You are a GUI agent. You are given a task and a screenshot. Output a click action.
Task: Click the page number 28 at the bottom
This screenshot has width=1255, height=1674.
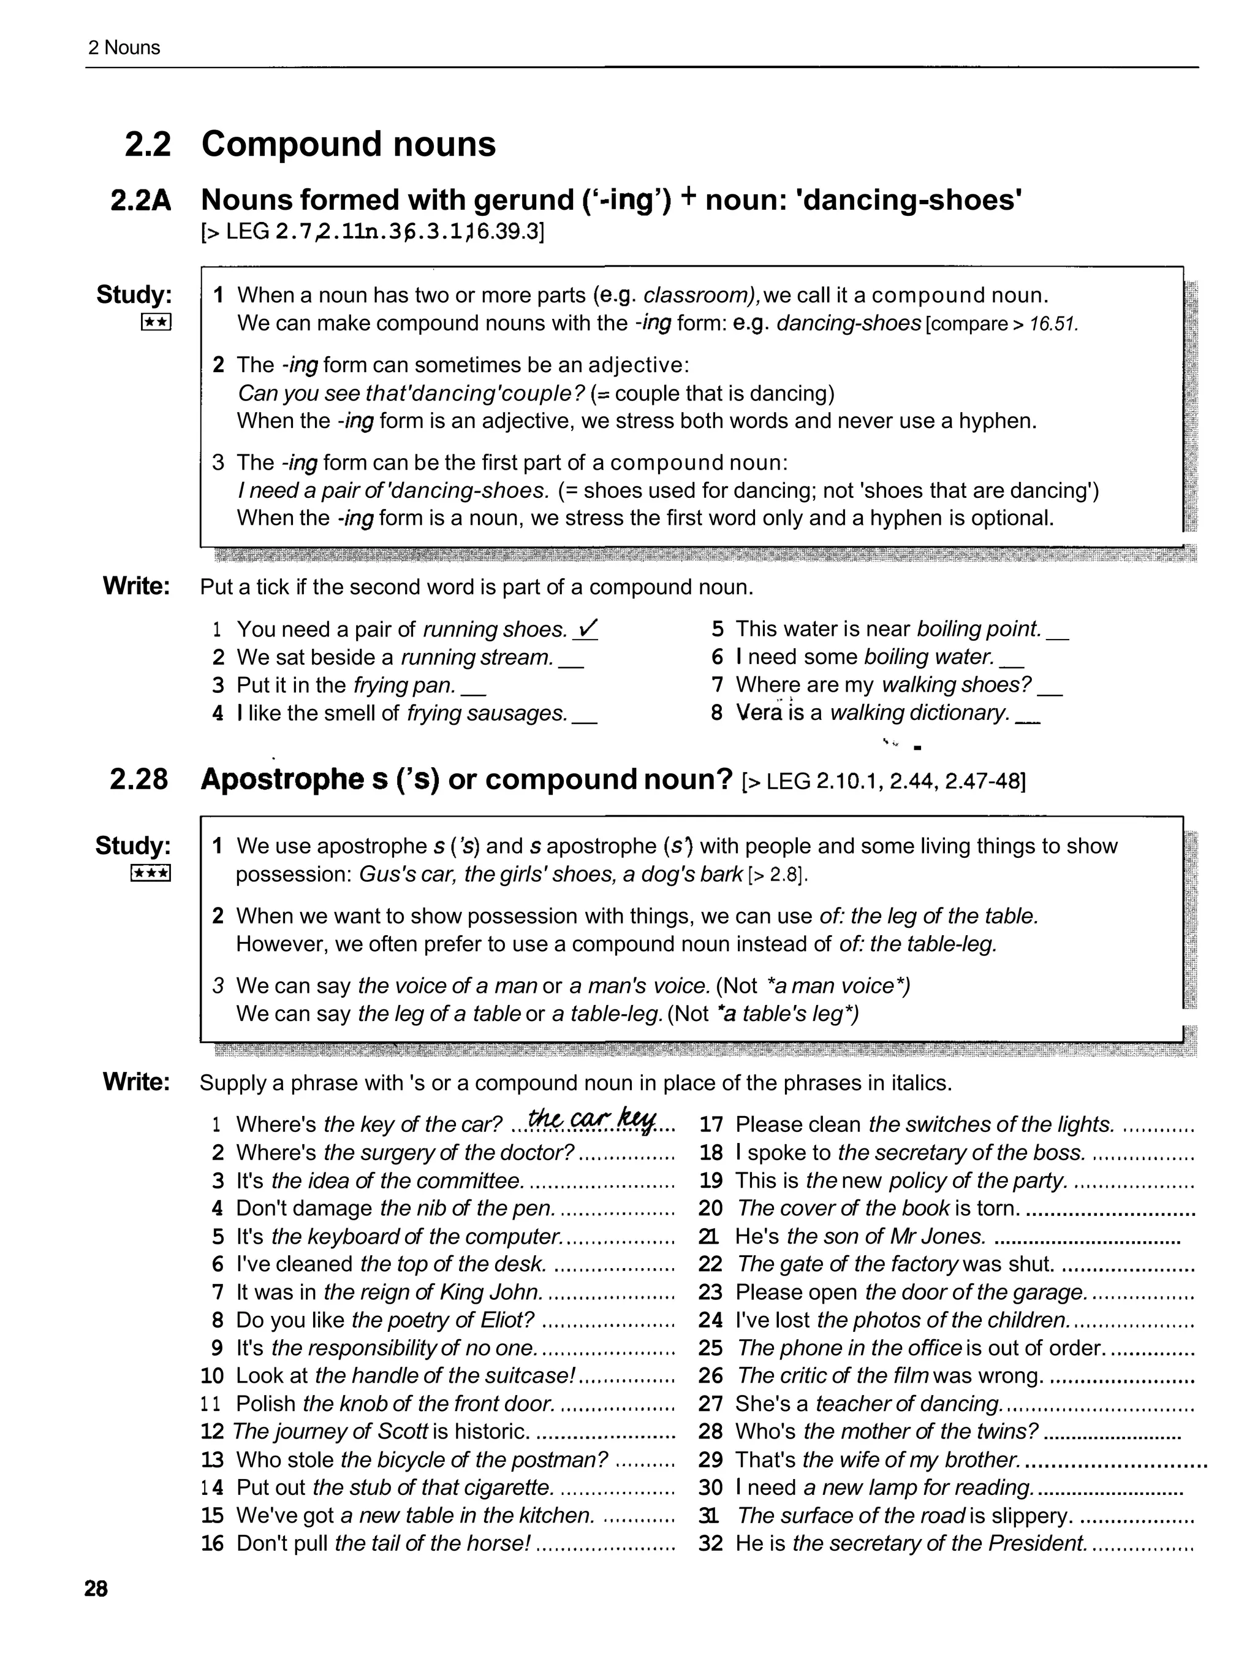point(96,1589)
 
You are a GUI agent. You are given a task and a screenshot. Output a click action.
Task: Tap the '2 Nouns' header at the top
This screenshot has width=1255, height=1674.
point(124,48)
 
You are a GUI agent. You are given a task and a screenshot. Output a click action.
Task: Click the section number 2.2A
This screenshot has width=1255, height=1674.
point(141,201)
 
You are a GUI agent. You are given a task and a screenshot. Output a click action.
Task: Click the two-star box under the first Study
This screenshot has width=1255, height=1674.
point(156,323)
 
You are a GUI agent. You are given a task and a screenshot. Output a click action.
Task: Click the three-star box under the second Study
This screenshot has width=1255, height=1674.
point(151,873)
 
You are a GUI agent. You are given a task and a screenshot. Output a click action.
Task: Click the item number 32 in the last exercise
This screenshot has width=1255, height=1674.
point(710,1543)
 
